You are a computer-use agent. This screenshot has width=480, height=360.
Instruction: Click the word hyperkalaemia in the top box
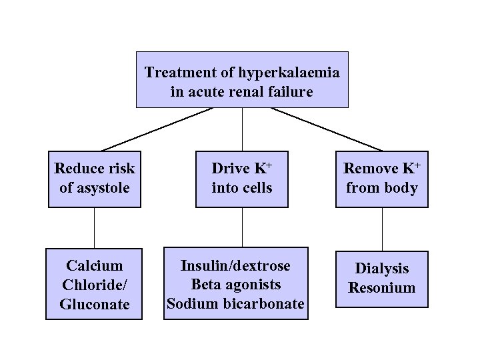click(291, 72)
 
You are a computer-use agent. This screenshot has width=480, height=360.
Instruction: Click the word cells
click(256, 188)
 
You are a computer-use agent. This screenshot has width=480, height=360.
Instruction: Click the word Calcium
click(94, 266)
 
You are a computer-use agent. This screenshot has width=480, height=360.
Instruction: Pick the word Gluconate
click(94, 303)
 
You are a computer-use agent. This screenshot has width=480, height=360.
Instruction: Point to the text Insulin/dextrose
click(236, 266)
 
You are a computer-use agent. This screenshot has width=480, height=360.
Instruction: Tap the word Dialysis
click(382, 269)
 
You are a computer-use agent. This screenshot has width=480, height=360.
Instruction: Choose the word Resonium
click(382, 288)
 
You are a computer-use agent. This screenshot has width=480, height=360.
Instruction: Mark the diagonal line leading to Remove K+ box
click(327, 129)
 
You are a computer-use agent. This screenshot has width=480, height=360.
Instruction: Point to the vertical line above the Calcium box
click(95, 228)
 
